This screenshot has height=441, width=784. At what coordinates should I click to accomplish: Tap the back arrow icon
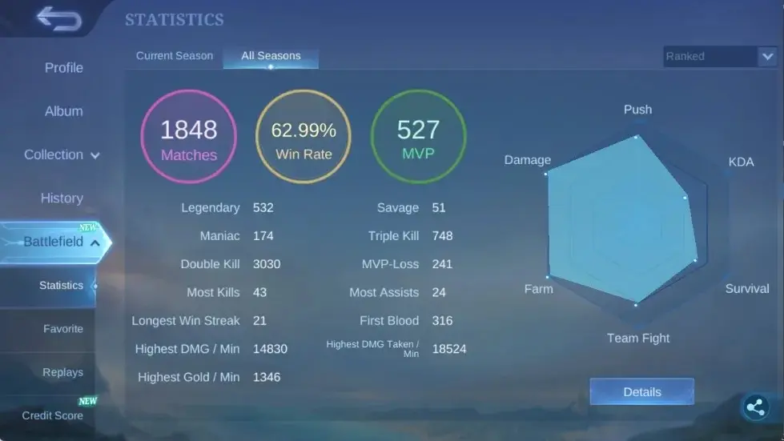tap(59, 19)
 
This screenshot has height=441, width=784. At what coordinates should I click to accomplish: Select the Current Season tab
tap(175, 56)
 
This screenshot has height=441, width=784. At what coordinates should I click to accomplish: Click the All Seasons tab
tap(271, 56)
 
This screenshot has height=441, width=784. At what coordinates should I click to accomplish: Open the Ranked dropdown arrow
tap(767, 57)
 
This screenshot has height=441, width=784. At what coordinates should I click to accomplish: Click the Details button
tap(642, 392)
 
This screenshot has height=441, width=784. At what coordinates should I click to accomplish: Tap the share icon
tap(755, 407)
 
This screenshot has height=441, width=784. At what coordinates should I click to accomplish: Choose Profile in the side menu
tap(64, 68)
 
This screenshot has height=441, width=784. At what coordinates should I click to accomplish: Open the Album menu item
tap(64, 111)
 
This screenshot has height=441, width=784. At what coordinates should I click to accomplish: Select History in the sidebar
tap(62, 198)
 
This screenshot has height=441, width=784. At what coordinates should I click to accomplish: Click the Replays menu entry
tap(63, 373)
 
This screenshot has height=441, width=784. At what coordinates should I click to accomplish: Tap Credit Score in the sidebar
tap(53, 415)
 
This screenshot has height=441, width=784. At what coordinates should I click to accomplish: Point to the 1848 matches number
tap(188, 130)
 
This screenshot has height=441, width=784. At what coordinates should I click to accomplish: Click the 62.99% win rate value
tap(304, 130)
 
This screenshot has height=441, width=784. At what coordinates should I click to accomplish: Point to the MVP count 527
tap(418, 130)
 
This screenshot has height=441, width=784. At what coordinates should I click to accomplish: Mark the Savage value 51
tap(439, 208)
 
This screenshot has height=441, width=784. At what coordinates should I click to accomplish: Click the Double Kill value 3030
tap(267, 264)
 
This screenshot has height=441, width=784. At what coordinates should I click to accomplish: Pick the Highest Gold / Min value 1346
tap(267, 377)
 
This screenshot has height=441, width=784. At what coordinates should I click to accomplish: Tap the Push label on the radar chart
tap(637, 110)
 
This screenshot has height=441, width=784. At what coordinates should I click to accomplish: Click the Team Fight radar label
tap(638, 338)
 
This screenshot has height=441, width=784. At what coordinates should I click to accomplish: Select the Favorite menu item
tap(63, 329)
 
